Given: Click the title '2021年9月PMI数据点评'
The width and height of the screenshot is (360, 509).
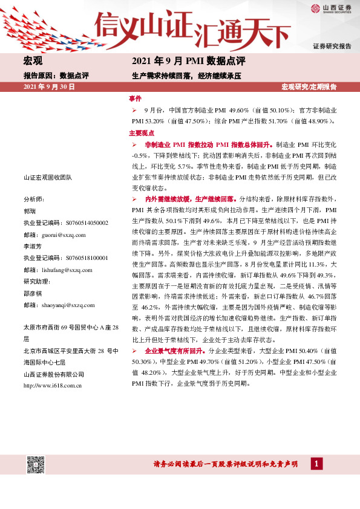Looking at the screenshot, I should pyautogui.click(x=188, y=61).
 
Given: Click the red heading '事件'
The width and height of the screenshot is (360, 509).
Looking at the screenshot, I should pyautogui.click(x=135, y=98).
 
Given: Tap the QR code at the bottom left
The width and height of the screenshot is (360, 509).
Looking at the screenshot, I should pyautogui.click(x=36, y=465).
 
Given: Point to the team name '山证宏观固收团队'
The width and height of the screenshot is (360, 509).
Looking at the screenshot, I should pyautogui.click(x=48, y=178).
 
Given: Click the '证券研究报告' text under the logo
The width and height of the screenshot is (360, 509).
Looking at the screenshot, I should pyautogui.click(x=332, y=46).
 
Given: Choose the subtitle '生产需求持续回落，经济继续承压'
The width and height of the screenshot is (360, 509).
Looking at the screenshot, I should pyautogui.click(x=186, y=76).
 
